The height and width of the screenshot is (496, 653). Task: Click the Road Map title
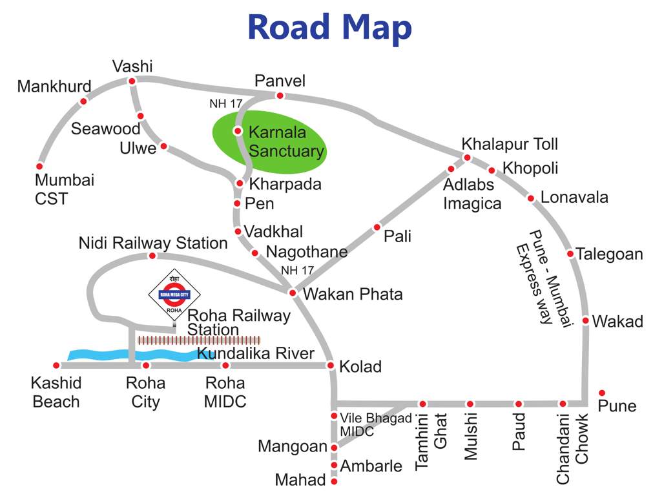click(329, 28)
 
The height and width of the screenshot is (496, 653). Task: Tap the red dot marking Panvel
click(280, 96)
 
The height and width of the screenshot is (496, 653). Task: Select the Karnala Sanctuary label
click(285, 142)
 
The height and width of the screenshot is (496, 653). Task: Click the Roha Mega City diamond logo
click(174, 294)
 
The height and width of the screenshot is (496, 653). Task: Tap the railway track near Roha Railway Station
click(199, 340)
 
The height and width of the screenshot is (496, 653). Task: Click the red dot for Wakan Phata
click(292, 293)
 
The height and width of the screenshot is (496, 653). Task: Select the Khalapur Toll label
click(509, 143)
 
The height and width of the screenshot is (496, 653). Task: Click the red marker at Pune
click(602, 393)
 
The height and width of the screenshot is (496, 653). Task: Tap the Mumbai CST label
click(64, 189)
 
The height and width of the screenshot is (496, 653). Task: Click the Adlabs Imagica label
click(472, 194)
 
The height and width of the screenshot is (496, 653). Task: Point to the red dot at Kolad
click(331, 366)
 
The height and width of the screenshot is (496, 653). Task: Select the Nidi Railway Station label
click(153, 243)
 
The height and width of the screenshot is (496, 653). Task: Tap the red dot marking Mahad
click(334, 481)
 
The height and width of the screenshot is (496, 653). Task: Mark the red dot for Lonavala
click(531, 198)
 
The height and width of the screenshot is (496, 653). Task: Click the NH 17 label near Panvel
click(225, 104)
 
